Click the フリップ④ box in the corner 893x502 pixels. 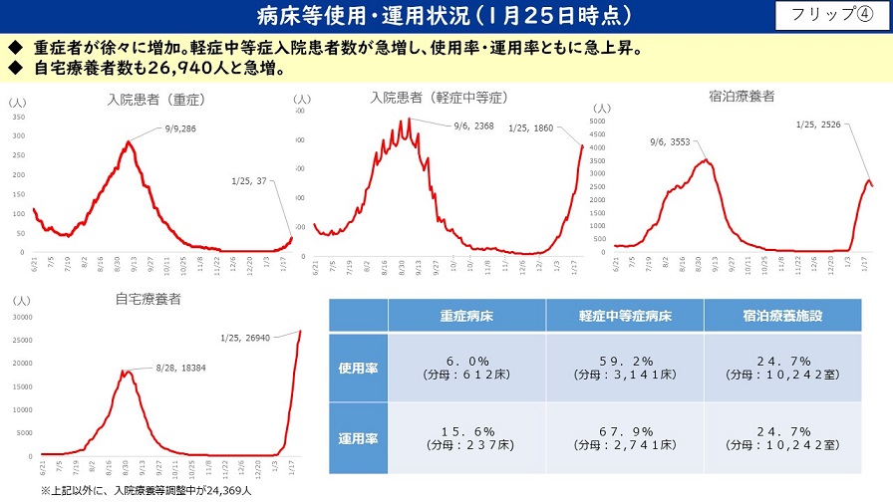pos(829,15)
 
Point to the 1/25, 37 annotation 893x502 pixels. pos(249,180)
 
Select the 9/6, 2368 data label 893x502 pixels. pos(473,125)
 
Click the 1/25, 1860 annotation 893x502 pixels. pos(530,127)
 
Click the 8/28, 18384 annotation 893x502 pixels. pos(179,369)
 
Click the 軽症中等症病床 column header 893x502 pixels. pos(624,316)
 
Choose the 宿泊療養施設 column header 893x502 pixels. pos(782,316)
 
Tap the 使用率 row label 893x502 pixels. pos(358,368)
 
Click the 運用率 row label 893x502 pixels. pos(358,436)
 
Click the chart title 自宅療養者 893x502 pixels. pos(149,298)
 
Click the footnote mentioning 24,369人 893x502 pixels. pos(147,491)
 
